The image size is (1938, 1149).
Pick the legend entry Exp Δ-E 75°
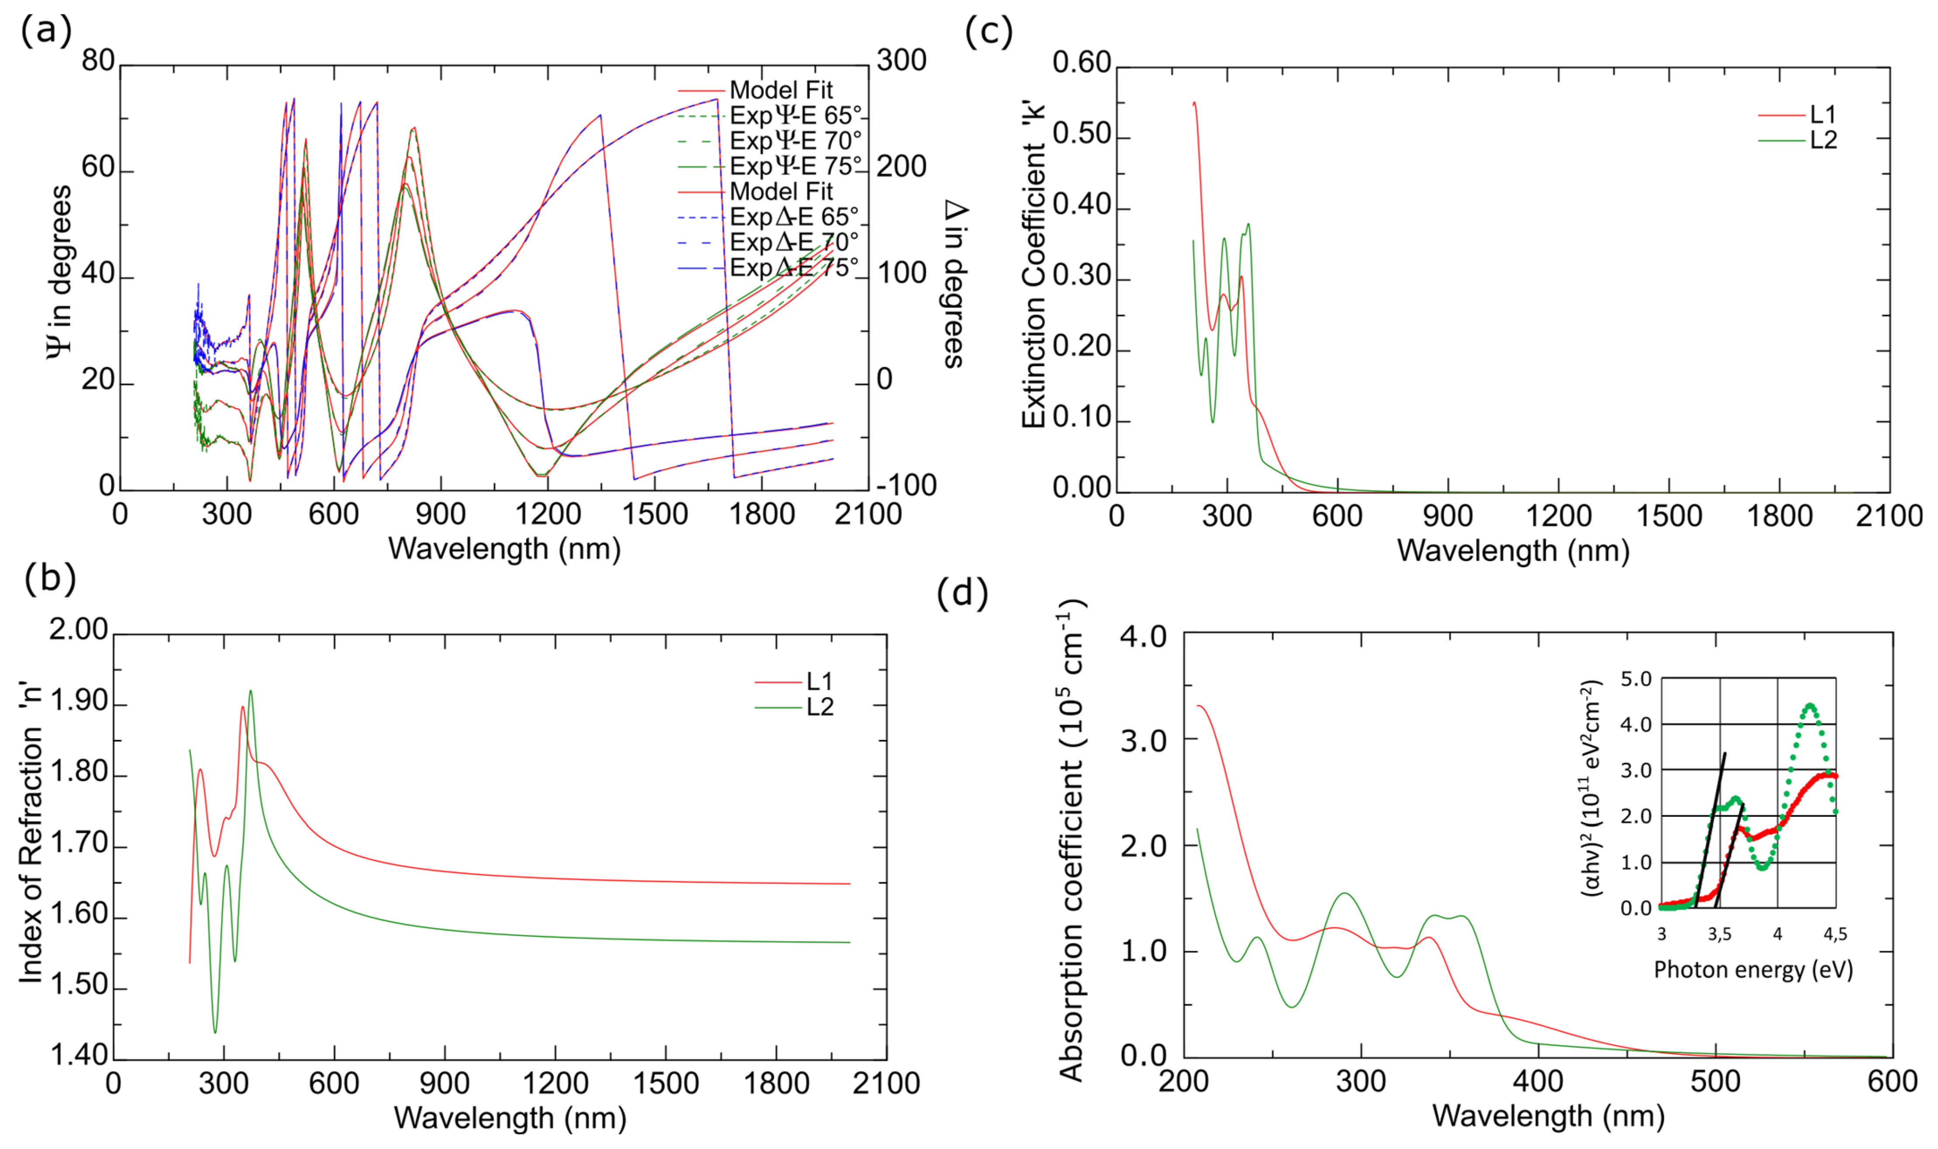point(793,268)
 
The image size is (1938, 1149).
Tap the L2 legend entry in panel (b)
point(819,707)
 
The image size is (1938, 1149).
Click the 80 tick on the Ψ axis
point(98,60)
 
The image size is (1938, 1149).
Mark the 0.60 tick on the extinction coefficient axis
point(1082,63)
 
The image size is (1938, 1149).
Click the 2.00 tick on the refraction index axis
point(78,630)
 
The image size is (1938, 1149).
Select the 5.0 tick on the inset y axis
point(1636,679)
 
